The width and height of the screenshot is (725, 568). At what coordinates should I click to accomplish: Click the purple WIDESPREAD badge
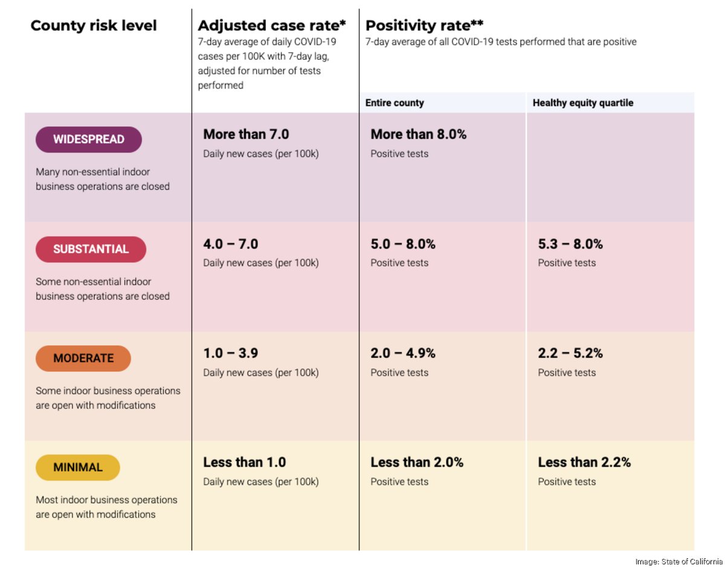tap(88, 139)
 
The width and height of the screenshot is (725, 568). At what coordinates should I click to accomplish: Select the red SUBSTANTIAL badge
tap(91, 249)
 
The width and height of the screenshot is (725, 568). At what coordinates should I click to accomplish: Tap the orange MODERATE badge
tap(83, 359)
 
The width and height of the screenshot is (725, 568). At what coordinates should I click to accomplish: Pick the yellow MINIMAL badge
tap(78, 468)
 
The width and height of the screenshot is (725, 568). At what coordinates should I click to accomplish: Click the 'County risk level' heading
tap(94, 26)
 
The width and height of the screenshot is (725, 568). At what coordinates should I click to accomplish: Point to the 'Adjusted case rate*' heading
tap(272, 26)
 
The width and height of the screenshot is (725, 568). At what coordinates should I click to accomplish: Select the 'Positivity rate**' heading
tap(425, 26)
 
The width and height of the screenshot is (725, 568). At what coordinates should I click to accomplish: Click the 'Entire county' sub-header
tap(395, 103)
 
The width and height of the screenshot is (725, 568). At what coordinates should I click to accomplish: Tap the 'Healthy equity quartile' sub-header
tap(582, 103)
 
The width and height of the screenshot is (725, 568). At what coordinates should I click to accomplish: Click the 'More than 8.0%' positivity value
tap(418, 134)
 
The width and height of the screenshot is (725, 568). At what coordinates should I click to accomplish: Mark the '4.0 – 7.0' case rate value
tap(231, 244)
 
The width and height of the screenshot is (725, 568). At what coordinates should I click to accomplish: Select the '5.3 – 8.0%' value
tap(570, 244)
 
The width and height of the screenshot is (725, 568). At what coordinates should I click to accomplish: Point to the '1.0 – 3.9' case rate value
tap(231, 353)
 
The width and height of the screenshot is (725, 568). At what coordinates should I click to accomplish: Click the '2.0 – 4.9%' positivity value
tap(403, 353)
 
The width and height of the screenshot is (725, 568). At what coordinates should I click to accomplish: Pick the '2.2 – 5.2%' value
tap(570, 353)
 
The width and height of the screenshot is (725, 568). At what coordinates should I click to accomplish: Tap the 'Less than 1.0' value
tap(244, 462)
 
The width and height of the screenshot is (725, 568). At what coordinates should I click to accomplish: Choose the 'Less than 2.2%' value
tap(584, 462)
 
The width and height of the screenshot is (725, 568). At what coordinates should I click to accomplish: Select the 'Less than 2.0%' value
tap(417, 462)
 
